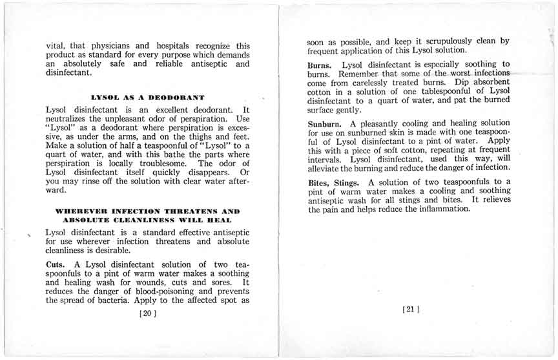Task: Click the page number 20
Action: pos(148,314)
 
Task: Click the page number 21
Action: pos(411,310)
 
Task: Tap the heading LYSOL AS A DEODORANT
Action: pos(148,97)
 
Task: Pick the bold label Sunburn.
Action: pos(326,123)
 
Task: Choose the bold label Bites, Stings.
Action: pos(336,182)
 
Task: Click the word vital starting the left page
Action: pos(56,46)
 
